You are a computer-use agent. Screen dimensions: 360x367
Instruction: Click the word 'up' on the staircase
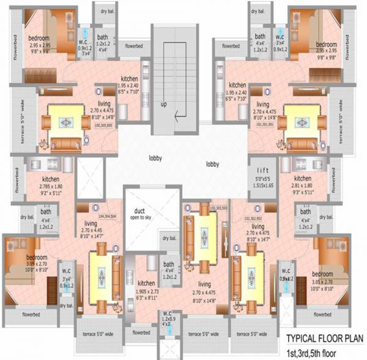(163, 105)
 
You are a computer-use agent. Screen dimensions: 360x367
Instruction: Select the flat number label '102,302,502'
(253, 218)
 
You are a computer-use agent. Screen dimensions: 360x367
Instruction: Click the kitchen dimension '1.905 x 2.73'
(146, 291)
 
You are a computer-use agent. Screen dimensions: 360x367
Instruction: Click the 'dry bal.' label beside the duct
(167, 239)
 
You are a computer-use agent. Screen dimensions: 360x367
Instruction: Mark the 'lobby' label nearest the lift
(213, 164)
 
